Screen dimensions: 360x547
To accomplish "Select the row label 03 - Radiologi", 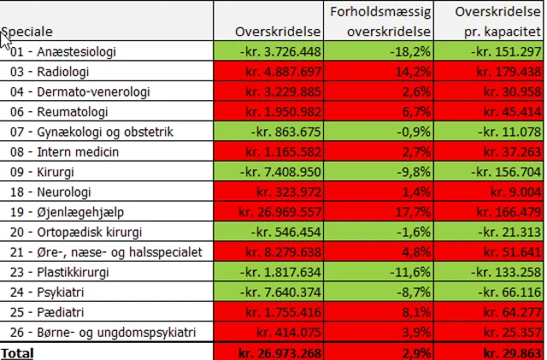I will coord(46,71).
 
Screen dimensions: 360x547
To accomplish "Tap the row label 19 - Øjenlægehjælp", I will coord(63,212).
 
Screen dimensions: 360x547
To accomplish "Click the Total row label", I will coord(17,352).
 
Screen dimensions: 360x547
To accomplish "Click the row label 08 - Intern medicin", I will coord(65,151).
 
